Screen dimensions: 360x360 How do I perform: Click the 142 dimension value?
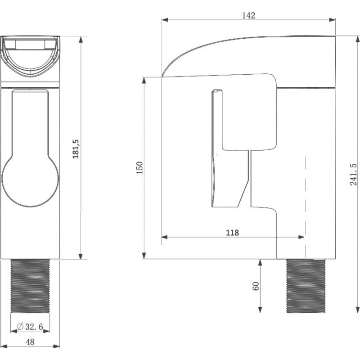coord(249,15)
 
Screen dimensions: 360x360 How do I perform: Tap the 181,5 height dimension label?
coord(76,149)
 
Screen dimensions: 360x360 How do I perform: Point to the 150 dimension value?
coord(139,167)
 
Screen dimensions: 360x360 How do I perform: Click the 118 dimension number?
coord(232,233)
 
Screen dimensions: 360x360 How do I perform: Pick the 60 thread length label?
coord(256,286)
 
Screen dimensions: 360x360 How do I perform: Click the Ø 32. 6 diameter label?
coord(30,327)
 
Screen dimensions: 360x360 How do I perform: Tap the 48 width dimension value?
coord(30,342)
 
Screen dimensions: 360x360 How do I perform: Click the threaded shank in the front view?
coord(30,286)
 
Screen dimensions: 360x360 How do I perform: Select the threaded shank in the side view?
coord(306,286)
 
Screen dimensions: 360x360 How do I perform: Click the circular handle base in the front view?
coord(30,181)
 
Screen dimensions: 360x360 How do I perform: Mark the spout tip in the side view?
coord(162,76)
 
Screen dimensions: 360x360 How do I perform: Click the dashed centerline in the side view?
coord(306,207)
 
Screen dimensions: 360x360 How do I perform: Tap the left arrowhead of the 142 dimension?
coord(165,20)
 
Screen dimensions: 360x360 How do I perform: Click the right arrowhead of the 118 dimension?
coord(301,237)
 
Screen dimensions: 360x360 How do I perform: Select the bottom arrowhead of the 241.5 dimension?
coord(357,310)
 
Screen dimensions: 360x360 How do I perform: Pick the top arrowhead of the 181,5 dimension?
coord(81,40)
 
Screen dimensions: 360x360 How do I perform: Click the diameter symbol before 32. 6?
coord(20,327)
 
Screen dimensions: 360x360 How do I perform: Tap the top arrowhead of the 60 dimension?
coord(260,263)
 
